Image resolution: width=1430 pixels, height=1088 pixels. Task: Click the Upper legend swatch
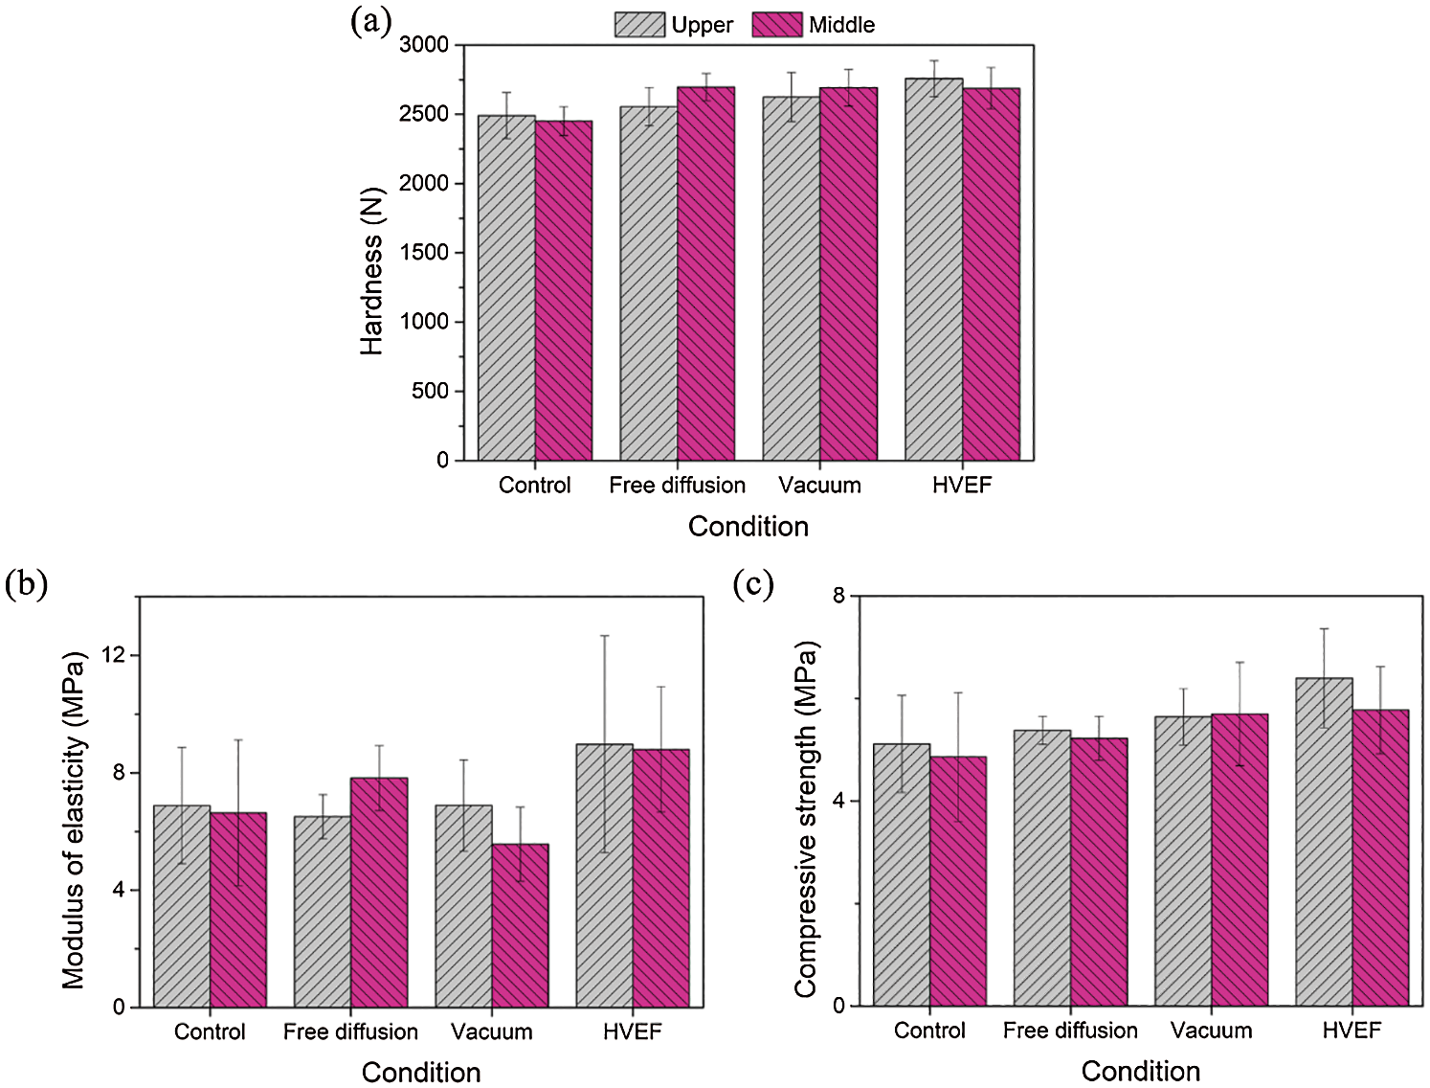pyautogui.click(x=639, y=25)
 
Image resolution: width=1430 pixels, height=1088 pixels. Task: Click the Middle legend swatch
pyautogui.click(x=776, y=25)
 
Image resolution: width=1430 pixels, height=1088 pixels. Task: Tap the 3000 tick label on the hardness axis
pyautogui.click(x=424, y=45)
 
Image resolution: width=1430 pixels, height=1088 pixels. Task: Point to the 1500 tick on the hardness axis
pyautogui.click(x=424, y=252)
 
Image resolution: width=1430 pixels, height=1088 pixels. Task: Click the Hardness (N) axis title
pyautogui.click(x=371, y=271)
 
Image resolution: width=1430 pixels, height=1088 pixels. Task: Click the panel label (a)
pyautogui.click(x=370, y=20)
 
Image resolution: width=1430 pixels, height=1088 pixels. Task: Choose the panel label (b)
pyautogui.click(x=26, y=583)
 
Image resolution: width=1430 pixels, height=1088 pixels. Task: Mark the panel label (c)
pyautogui.click(x=753, y=583)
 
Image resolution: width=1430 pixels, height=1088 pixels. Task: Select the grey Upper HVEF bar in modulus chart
pyautogui.click(x=604, y=875)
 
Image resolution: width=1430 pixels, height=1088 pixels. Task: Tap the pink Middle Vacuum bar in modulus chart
pyautogui.click(x=520, y=925)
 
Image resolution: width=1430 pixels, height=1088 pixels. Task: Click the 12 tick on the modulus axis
pyautogui.click(x=119, y=655)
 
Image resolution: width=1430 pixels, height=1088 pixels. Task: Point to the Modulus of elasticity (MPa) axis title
pyautogui.click(x=74, y=820)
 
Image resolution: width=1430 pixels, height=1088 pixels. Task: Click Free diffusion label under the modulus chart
pyautogui.click(x=350, y=1031)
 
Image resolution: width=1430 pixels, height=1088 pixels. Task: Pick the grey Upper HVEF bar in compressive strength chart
pyautogui.click(x=1324, y=842)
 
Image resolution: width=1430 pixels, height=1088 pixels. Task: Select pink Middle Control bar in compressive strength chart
pyautogui.click(x=958, y=881)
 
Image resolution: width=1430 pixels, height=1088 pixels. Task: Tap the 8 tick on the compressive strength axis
pyautogui.click(x=838, y=596)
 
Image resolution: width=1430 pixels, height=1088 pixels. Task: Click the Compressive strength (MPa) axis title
pyautogui.click(x=806, y=820)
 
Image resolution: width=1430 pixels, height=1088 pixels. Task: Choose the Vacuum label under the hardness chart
pyautogui.click(x=819, y=486)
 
